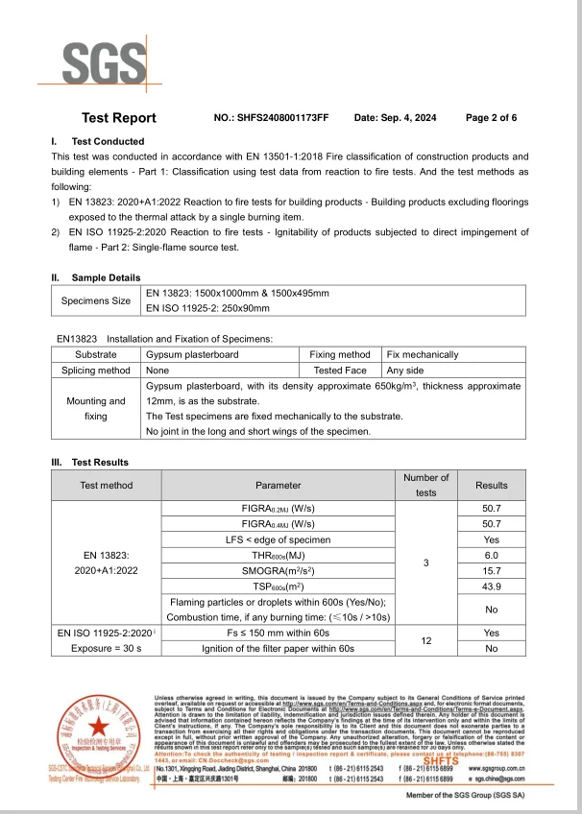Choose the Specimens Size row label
coord(95,300)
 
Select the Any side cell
coord(405,370)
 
